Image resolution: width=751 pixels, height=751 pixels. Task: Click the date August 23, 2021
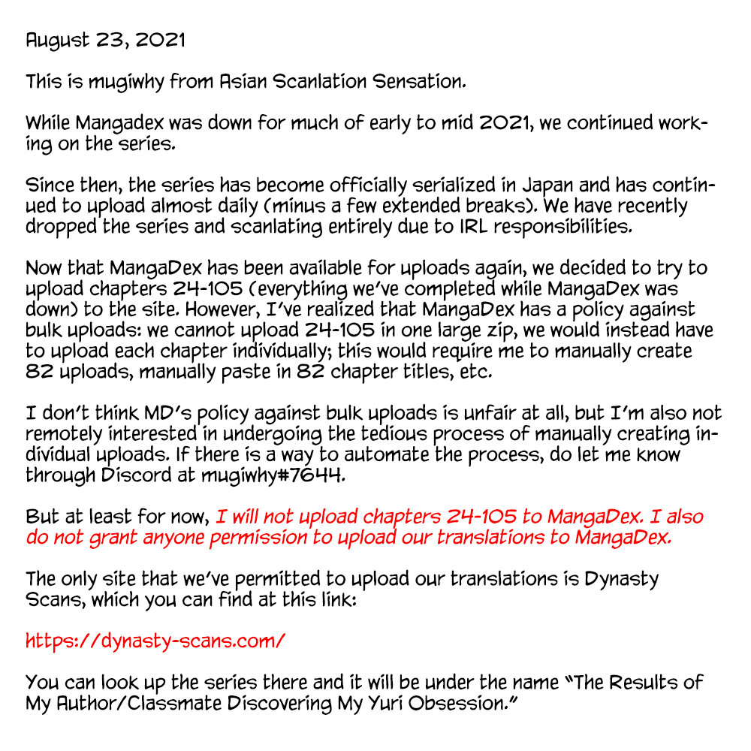pyautogui.click(x=105, y=41)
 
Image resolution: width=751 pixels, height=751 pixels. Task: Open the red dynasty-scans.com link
pyautogui.click(x=155, y=641)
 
